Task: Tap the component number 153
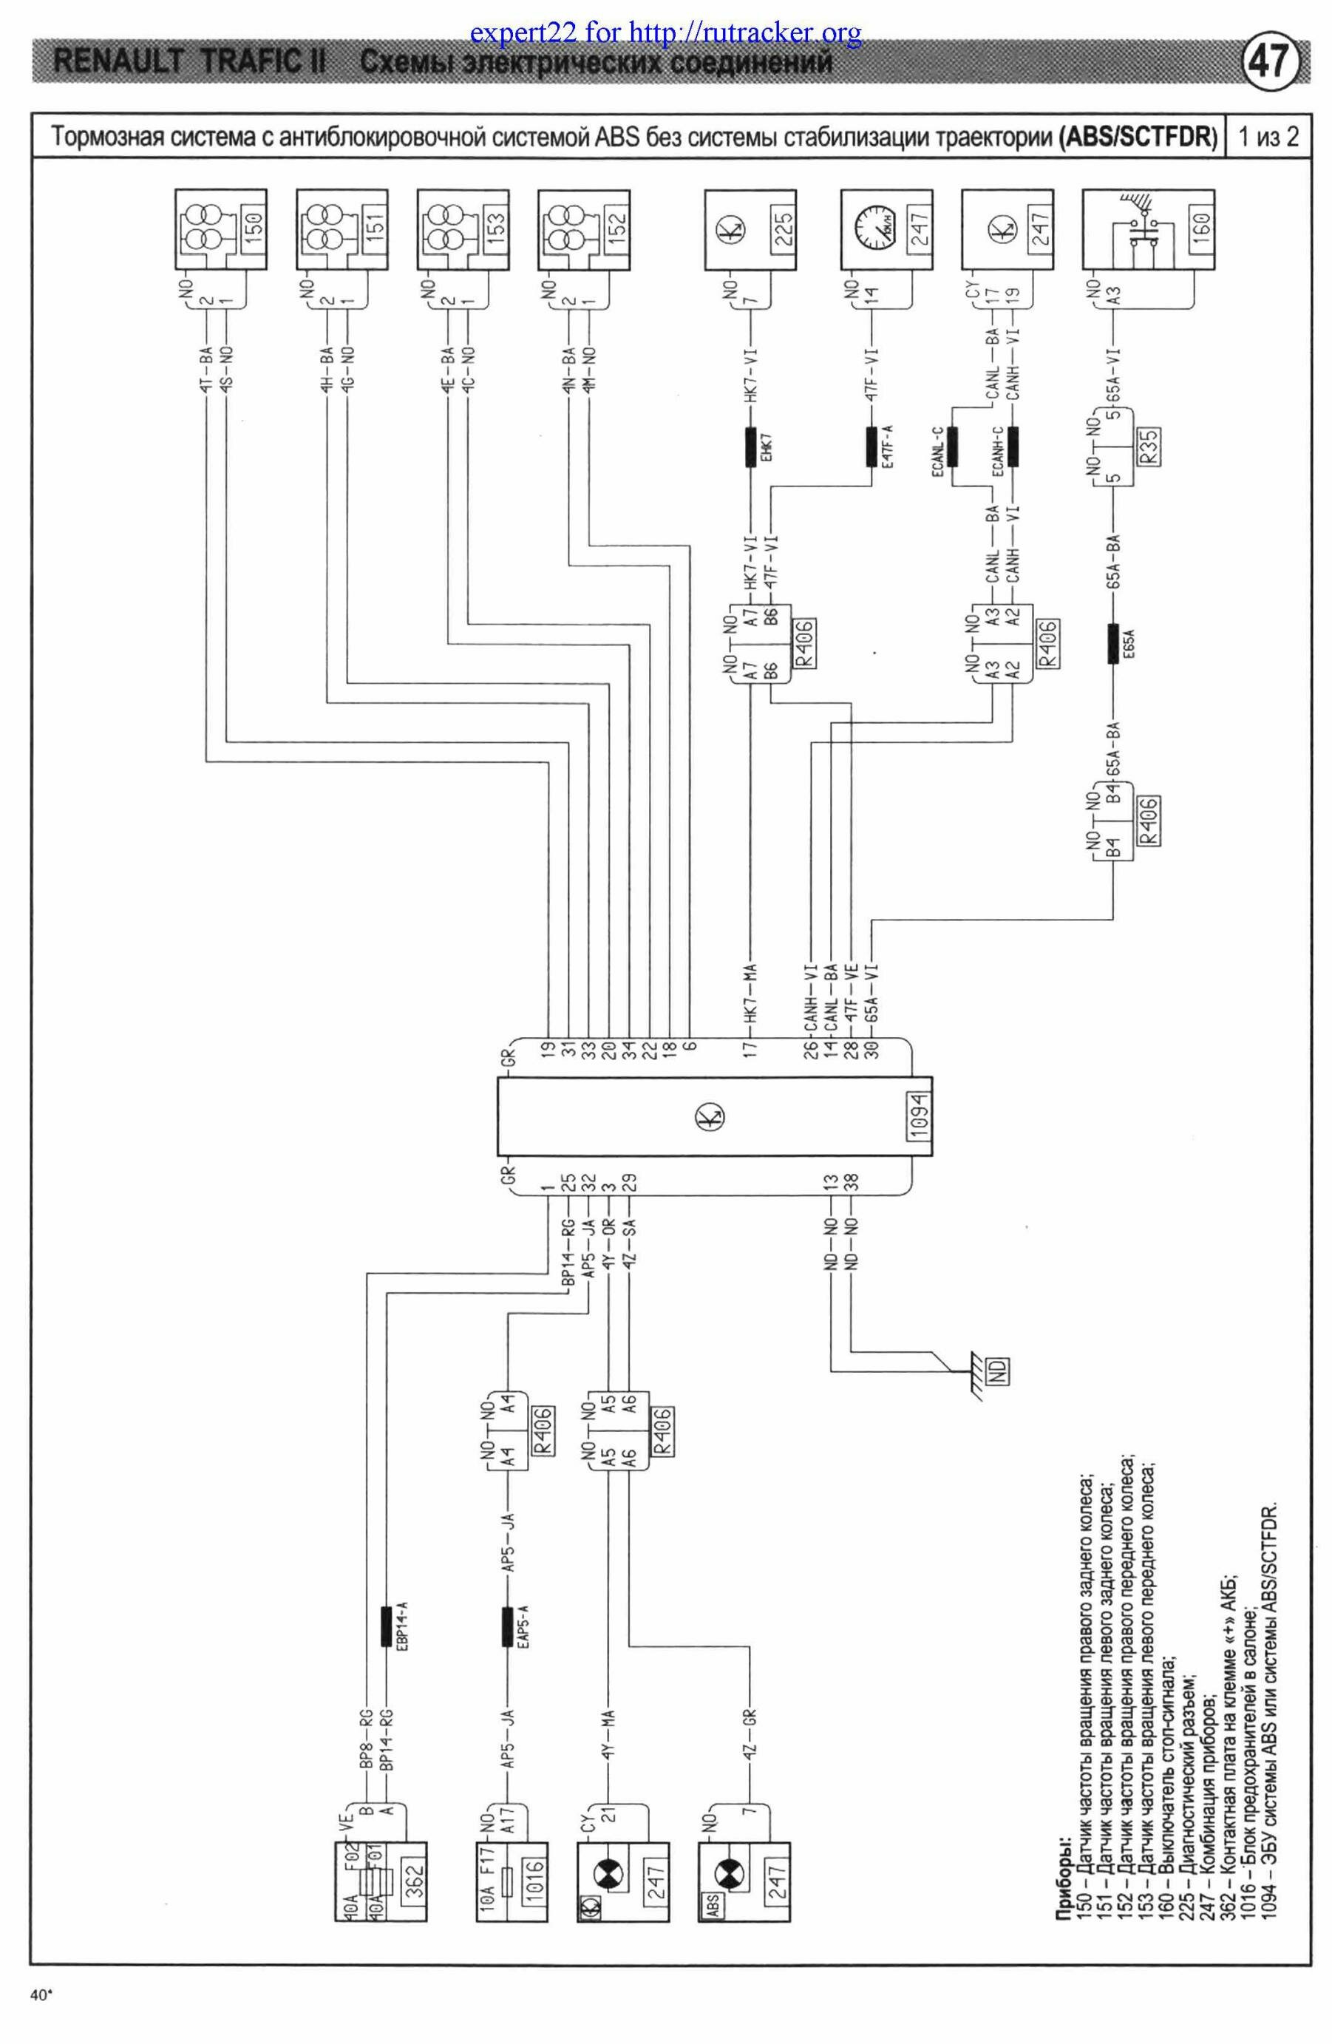point(495,223)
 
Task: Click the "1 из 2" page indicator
point(1267,137)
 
